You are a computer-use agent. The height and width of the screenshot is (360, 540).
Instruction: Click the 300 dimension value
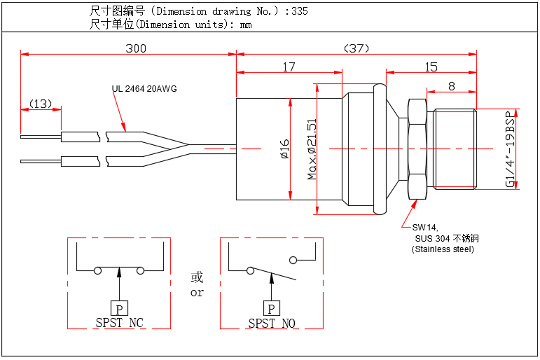pyautogui.click(x=136, y=48)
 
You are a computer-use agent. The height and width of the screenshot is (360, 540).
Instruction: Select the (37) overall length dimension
pyautogui.click(x=356, y=48)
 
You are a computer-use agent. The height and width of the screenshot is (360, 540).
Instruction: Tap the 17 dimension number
pyautogui.click(x=289, y=67)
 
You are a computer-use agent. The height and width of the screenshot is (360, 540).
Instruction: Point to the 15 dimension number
pyautogui.click(x=431, y=67)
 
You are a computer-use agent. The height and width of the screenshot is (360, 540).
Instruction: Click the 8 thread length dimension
pyautogui.click(x=451, y=86)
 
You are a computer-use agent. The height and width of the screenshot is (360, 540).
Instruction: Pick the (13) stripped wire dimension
pyautogui.click(x=41, y=104)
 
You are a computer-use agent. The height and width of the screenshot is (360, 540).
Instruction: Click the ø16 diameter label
pyautogui.click(x=284, y=149)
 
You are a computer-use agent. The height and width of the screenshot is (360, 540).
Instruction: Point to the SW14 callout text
pyautogui.click(x=424, y=228)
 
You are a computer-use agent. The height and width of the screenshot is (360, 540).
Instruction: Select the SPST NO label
pyautogui.click(x=272, y=323)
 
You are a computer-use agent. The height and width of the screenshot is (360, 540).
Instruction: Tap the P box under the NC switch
pyautogui.click(x=119, y=308)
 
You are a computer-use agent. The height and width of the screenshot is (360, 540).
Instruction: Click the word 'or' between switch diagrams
pyautogui.click(x=197, y=293)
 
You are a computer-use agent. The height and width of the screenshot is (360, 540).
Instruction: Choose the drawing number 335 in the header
pyautogui.click(x=299, y=11)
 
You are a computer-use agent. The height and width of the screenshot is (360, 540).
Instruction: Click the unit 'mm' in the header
pyautogui.click(x=245, y=25)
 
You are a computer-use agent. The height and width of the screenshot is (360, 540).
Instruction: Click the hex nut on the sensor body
pyautogui.click(x=415, y=148)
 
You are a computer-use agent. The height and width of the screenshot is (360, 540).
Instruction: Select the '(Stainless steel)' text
pyautogui.click(x=443, y=249)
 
